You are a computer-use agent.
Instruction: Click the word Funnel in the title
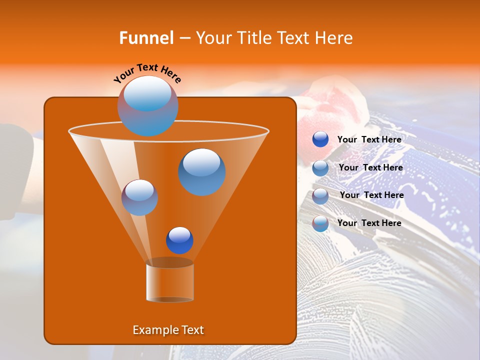pyautogui.click(x=146, y=38)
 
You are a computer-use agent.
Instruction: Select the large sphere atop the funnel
pyautogui.click(x=148, y=105)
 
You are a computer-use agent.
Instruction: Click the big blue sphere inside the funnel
pyautogui.click(x=201, y=171)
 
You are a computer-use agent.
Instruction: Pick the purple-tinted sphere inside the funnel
pyautogui.click(x=139, y=197)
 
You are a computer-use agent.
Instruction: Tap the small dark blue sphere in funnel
pyautogui.click(x=179, y=240)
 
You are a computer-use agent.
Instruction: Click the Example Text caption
pyautogui.click(x=168, y=330)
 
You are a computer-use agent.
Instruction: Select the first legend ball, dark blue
pyautogui.click(x=320, y=139)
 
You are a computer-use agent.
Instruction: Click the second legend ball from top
pyautogui.click(x=320, y=168)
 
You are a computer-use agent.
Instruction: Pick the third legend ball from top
pyautogui.click(x=320, y=196)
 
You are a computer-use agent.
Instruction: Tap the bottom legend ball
pyautogui.click(x=320, y=223)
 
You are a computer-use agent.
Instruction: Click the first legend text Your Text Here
pyautogui.click(x=369, y=139)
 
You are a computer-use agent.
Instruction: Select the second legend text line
pyautogui.click(x=370, y=167)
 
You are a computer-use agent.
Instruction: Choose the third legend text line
pyautogui.click(x=371, y=195)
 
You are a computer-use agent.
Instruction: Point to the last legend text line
pyautogui.click(x=369, y=223)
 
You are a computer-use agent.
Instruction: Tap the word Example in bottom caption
pyautogui.click(x=152, y=330)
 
